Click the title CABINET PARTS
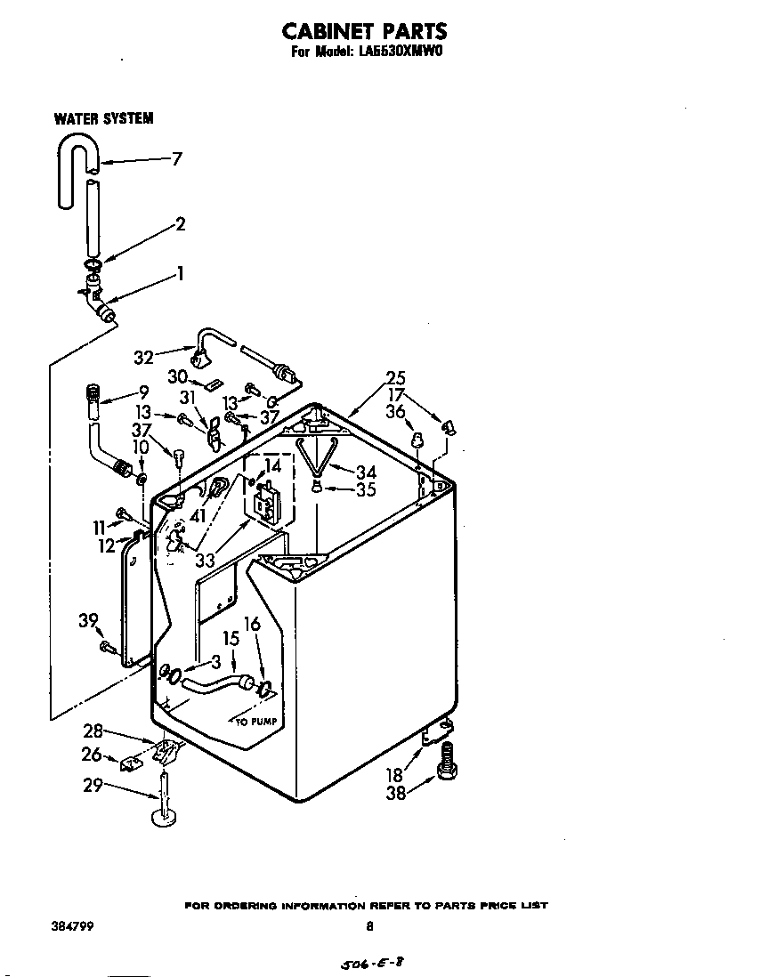364,32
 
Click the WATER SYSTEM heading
103,118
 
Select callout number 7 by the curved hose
176,159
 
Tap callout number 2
181,224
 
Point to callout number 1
181,274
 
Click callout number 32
143,358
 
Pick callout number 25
396,376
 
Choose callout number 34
366,472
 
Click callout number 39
88,621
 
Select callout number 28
93,731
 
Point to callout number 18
395,775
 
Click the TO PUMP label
258,721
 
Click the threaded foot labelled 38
447,763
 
